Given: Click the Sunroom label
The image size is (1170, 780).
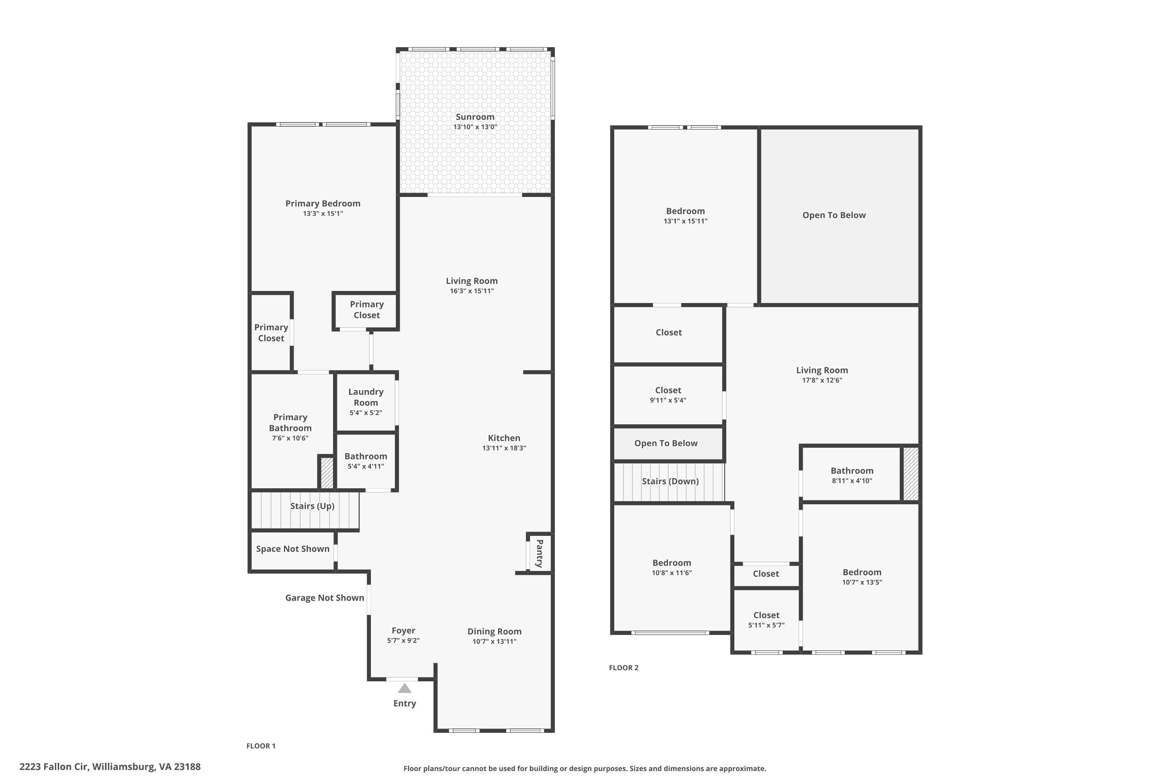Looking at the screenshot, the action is tap(475, 117).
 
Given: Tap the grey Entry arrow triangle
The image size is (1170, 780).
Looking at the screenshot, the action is tap(404, 688).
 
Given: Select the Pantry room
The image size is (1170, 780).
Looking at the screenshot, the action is tap(539, 553).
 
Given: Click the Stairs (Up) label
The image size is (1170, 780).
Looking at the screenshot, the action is tap(312, 506).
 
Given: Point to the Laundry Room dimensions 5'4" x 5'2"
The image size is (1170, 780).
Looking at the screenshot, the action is tap(366, 413).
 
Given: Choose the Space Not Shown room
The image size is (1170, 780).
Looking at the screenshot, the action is tap(292, 551).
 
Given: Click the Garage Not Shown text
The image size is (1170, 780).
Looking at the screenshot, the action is tap(324, 597).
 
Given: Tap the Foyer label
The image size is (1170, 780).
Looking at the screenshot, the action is tap(403, 631).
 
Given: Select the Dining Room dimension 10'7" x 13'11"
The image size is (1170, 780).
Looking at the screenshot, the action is tap(495, 642).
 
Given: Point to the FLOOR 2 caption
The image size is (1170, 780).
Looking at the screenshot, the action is tap(623, 668).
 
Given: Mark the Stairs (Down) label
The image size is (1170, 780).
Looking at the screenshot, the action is tap(670, 481).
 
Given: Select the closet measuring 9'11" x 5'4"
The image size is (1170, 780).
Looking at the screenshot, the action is tap(668, 395).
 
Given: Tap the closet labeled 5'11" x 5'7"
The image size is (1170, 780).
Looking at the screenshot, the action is tap(766, 620).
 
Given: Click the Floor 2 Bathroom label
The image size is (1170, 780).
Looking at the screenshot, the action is tap(852, 471).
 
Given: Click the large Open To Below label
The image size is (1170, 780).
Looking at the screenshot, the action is tap(834, 215).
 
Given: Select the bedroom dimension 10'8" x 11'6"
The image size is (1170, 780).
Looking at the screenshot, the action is tap(672, 573).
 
